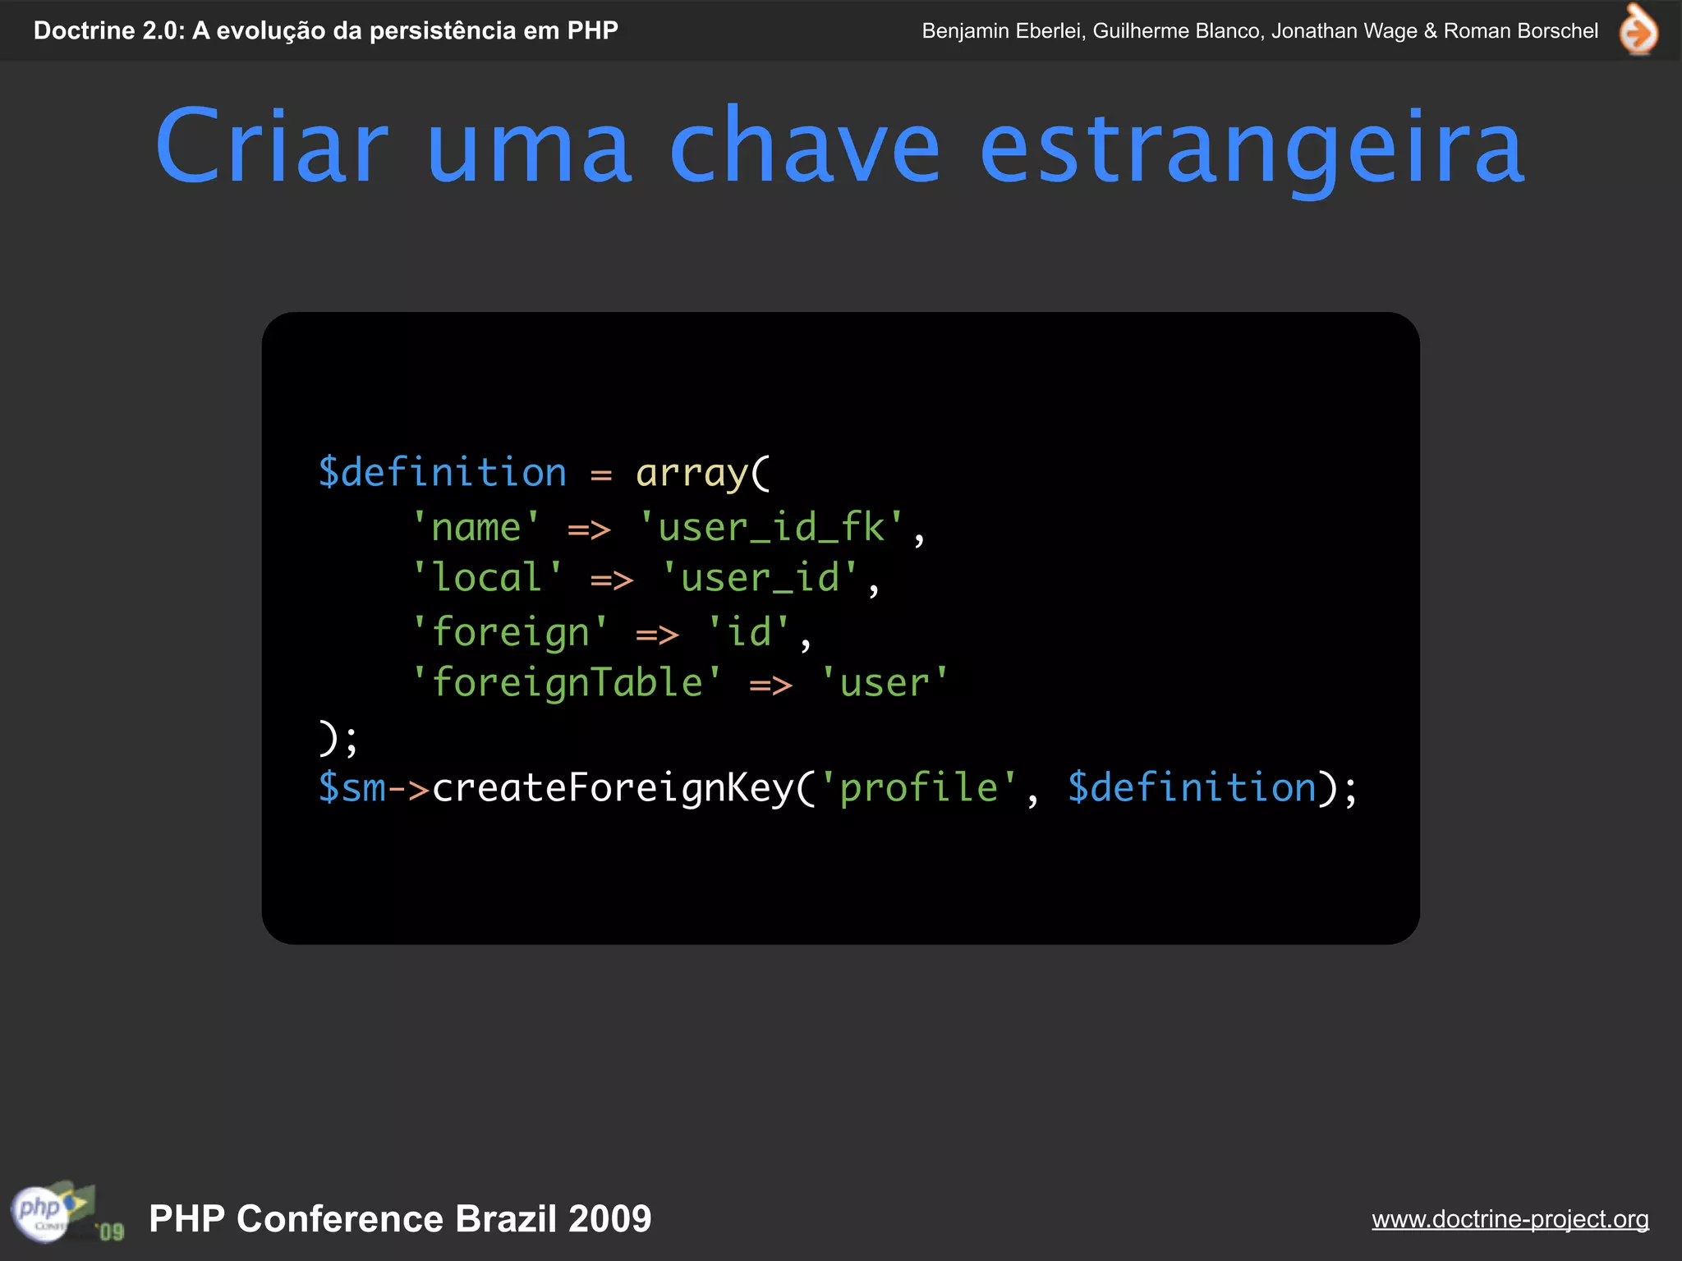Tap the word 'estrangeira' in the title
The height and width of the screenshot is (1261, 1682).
(1252, 148)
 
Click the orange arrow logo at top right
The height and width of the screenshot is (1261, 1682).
(1638, 30)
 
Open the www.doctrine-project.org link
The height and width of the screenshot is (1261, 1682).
(1510, 1219)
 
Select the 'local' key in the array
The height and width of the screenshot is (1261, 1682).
(487, 578)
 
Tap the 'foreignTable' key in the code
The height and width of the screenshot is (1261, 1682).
(567, 683)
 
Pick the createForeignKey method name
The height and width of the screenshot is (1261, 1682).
(612, 788)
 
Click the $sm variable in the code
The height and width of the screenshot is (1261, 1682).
(352, 788)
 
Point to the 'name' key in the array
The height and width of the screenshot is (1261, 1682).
(476, 527)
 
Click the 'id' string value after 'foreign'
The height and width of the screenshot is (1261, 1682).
(748, 632)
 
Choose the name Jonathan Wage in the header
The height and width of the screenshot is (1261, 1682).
(1344, 31)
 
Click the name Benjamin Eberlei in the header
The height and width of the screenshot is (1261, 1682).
(1002, 31)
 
